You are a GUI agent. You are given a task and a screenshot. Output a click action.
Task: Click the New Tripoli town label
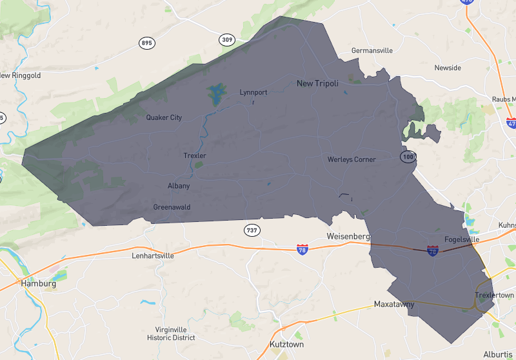[317, 83]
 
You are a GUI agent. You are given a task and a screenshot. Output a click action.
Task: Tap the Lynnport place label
[253, 92]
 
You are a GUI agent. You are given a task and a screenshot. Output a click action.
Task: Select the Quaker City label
[164, 117]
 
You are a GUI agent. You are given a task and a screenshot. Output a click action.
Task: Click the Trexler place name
[194, 156]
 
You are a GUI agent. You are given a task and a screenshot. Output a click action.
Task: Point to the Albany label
[179, 186]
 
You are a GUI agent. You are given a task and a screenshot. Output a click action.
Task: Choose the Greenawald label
[172, 207]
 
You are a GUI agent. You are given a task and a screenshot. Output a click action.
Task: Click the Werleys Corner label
[351, 159]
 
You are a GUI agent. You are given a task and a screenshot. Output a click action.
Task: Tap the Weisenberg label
[348, 237]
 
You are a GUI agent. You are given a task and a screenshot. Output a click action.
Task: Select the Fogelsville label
[462, 239]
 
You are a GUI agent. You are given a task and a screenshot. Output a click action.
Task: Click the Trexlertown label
[493, 295]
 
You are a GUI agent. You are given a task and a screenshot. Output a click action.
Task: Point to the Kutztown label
[286, 345]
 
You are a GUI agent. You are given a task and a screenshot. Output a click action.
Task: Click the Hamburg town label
[38, 283]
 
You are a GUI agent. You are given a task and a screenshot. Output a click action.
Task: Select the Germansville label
[372, 50]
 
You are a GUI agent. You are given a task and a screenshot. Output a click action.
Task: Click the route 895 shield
[147, 43]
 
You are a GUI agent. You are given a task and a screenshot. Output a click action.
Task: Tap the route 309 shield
[226, 40]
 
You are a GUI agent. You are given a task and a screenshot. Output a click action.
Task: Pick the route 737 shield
[252, 230]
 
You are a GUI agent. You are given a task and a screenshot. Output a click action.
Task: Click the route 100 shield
[407, 157]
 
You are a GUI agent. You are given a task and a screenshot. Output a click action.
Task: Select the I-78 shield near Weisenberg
[302, 248]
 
